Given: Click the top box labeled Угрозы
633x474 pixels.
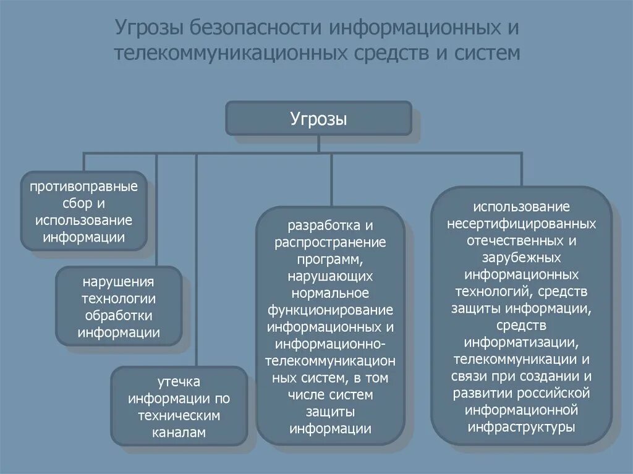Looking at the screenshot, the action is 318,119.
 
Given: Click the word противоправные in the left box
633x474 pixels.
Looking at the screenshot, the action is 84,186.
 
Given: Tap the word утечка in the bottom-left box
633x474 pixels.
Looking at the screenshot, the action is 179,381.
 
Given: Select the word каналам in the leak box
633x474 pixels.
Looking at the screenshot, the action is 179,433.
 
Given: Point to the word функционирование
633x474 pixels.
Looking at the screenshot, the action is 331,308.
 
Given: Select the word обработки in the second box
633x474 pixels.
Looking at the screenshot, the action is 119,315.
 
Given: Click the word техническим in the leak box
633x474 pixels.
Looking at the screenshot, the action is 179,416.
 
